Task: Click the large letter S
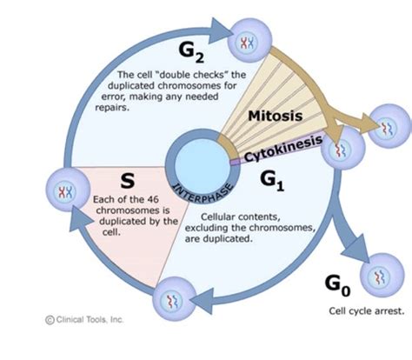[x=127, y=181]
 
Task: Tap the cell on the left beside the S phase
[x=64, y=192]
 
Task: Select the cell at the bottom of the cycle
[x=171, y=301]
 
